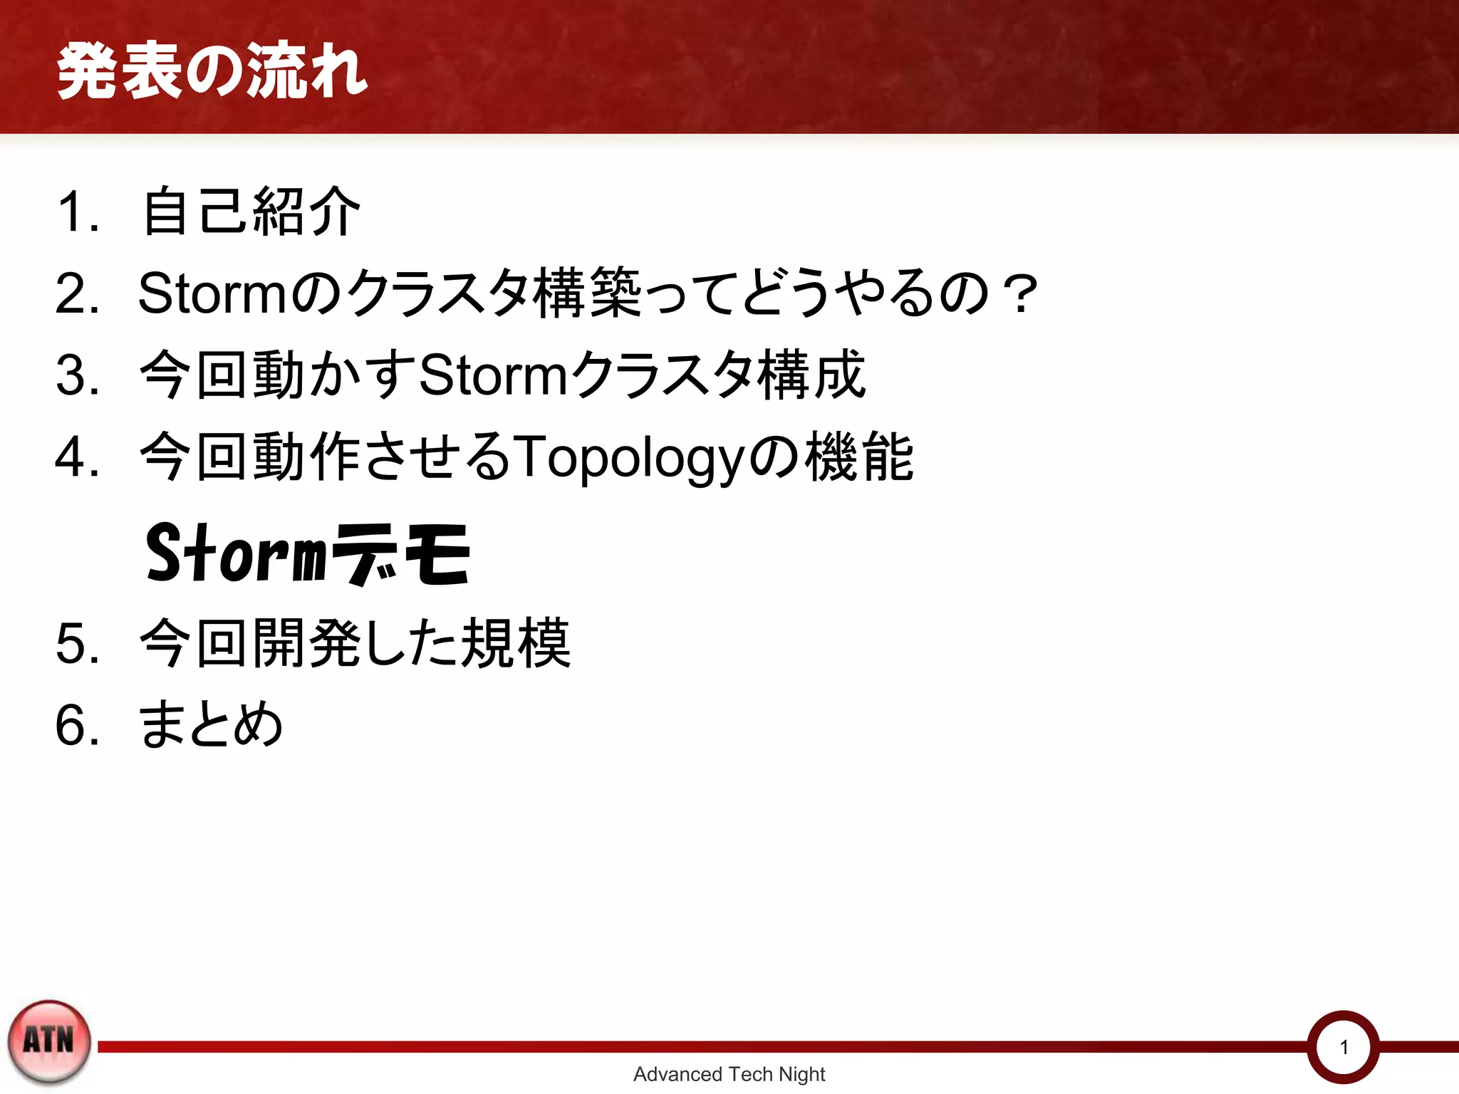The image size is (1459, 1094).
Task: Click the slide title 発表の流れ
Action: click(x=212, y=71)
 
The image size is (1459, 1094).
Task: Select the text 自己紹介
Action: click(x=251, y=212)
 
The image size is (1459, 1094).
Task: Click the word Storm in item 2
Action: click(x=212, y=293)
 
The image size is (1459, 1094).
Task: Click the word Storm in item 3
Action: click(x=492, y=375)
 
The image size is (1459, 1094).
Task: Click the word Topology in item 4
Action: click(x=628, y=458)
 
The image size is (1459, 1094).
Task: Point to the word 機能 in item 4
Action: click(x=859, y=457)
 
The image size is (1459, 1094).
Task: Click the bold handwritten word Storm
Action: click(x=235, y=553)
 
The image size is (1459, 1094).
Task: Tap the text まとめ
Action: click(x=211, y=724)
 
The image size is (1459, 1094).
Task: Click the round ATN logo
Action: click(x=49, y=1041)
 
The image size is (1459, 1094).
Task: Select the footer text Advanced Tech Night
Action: click(x=729, y=1074)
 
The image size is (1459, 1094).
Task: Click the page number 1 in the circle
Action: click(x=1344, y=1047)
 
